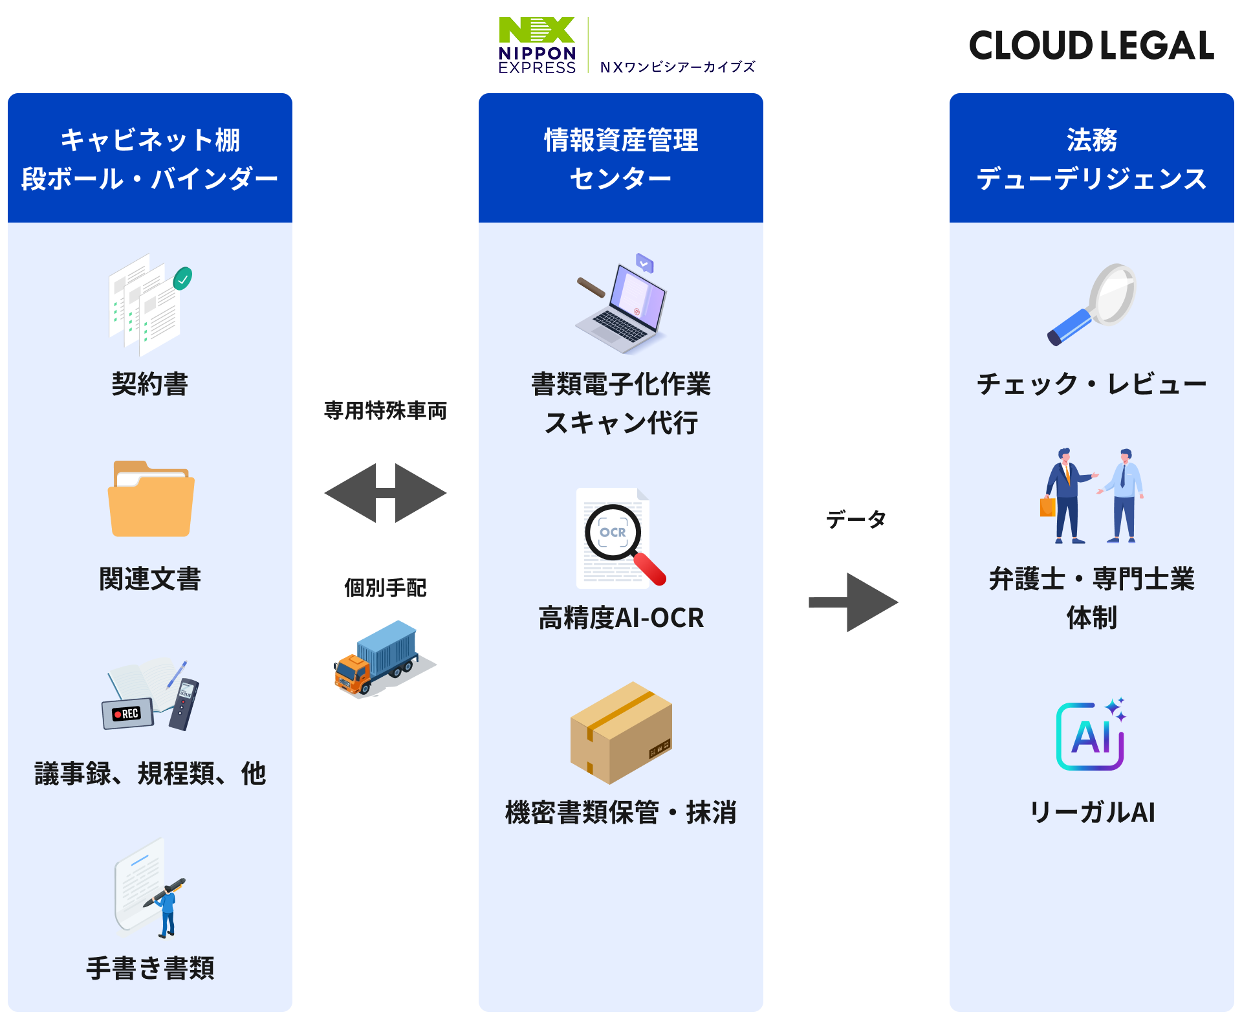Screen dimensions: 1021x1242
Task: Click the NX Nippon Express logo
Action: [x=537, y=45]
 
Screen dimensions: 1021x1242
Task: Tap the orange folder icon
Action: [x=151, y=499]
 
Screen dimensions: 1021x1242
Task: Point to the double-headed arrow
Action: [x=386, y=493]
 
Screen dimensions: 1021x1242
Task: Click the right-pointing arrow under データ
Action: [x=853, y=602]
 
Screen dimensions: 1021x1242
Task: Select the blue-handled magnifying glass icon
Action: [x=1091, y=303]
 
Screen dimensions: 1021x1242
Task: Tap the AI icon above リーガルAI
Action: [x=1091, y=735]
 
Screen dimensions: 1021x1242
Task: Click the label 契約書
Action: [x=150, y=384]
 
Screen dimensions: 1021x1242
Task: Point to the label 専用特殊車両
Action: [x=386, y=411]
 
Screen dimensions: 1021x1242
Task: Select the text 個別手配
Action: [x=386, y=587]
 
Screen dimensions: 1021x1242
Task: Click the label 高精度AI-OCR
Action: [x=621, y=618]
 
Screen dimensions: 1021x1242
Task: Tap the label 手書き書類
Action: [x=150, y=968]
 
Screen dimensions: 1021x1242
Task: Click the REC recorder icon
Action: [x=127, y=714]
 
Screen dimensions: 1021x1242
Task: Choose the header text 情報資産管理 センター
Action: [x=621, y=159]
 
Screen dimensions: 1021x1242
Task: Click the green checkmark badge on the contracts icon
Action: [x=182, y=279]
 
